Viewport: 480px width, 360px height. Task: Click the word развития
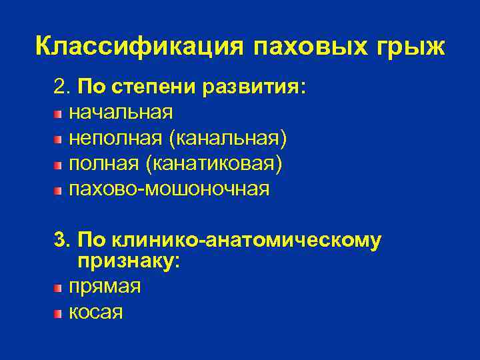pyautogui.click(x=257, y=87)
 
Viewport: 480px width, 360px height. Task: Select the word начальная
pyautogui.click(x=121, y=113)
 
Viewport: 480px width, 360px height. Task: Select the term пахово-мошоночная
pyautogui.click(x=170, y=189)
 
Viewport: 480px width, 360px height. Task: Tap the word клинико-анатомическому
pyautogui.click(x=247, y=241)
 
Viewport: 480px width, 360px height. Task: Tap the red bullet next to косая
pyautogui.click(x=59, y=313)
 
